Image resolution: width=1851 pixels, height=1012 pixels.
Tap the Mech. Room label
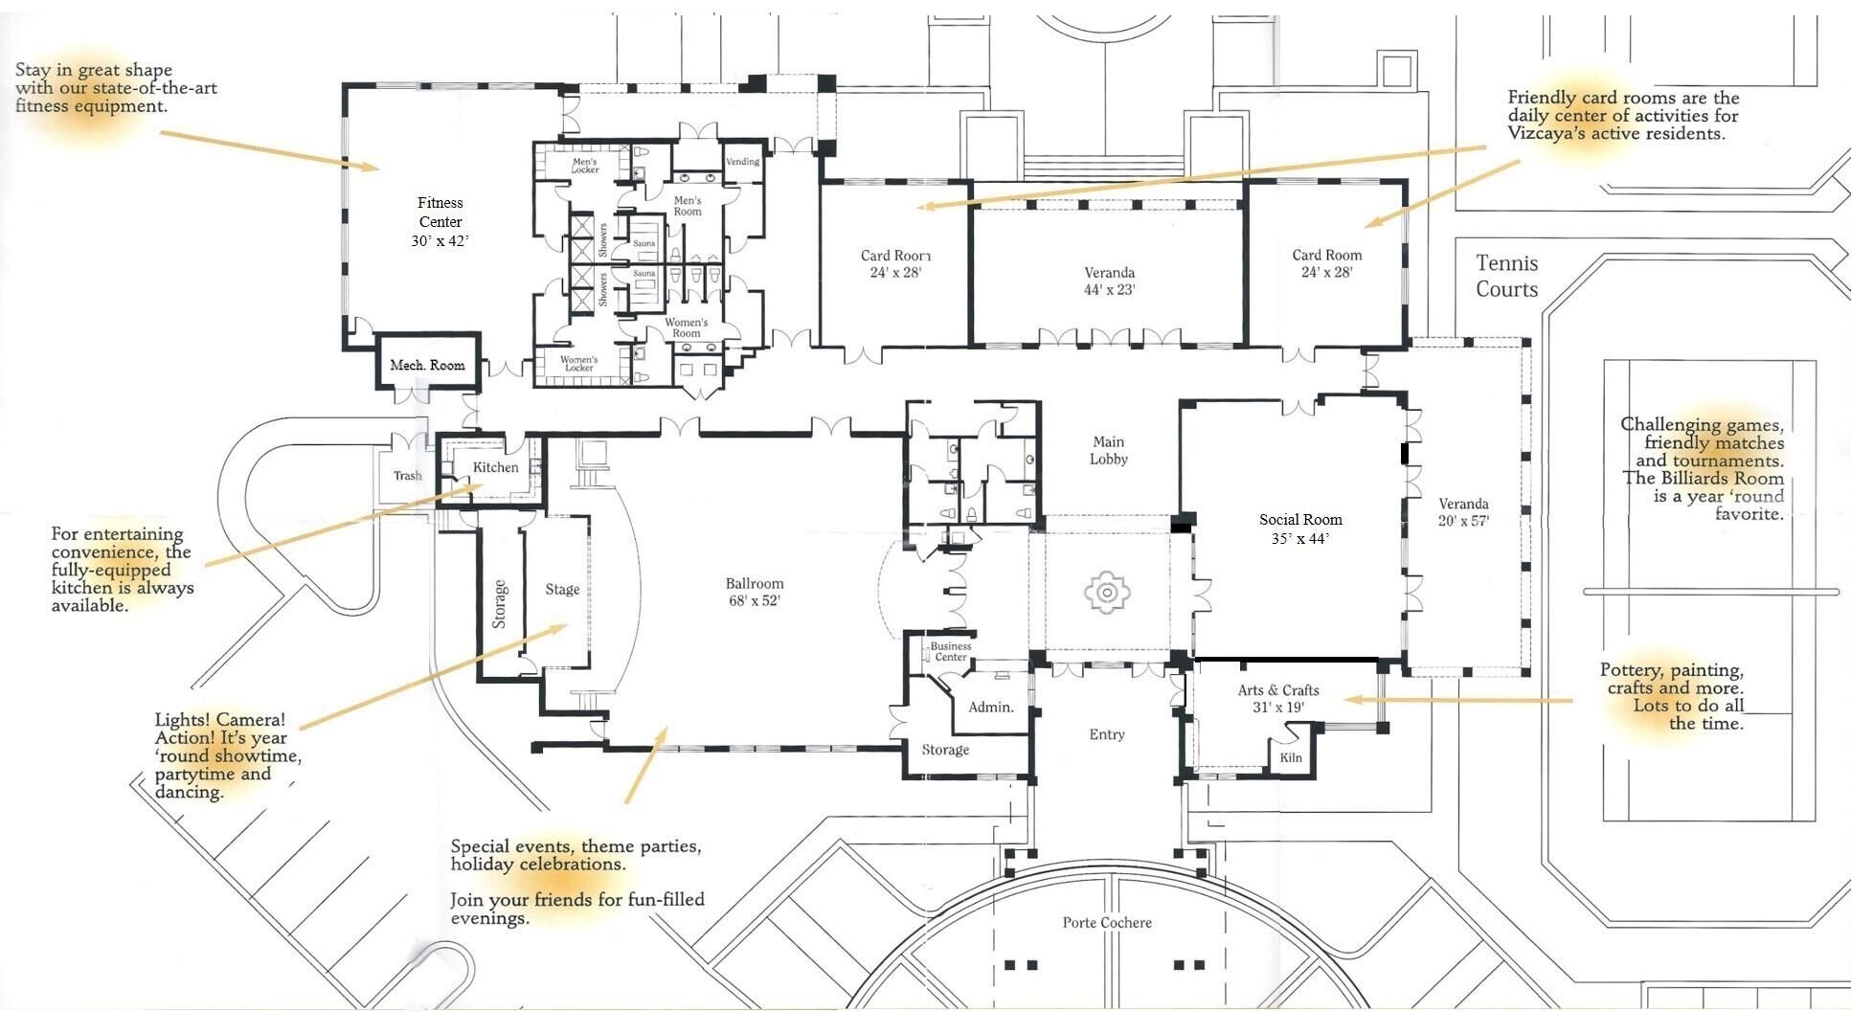click(427, 365)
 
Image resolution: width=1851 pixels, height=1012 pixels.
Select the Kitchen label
click(496, 467)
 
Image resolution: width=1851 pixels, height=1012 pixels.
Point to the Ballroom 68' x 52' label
click(755, 592)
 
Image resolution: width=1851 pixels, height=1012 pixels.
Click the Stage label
click(562, 589)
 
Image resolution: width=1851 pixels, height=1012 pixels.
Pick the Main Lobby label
click(1109, 450)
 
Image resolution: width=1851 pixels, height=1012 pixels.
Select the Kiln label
click(1291, 757)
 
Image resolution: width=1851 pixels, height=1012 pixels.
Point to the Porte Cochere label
click(1107, 922)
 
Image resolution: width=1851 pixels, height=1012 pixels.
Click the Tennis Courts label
click(1507, 276)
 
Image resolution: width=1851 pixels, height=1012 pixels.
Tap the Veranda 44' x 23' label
click(1110, 281)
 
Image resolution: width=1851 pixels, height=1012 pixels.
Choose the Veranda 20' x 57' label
click(1463, 512)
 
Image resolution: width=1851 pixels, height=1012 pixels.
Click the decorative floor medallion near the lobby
click(1107, 593)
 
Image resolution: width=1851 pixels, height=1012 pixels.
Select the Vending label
click(743, 162)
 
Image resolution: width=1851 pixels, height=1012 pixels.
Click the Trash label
click(407, 475)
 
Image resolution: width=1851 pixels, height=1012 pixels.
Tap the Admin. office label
click(991, 707)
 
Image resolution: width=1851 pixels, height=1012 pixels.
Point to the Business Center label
click(951, 651)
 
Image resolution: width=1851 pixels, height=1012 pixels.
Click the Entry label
click(1107, 734)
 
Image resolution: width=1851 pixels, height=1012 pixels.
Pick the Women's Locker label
click(578, 364)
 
